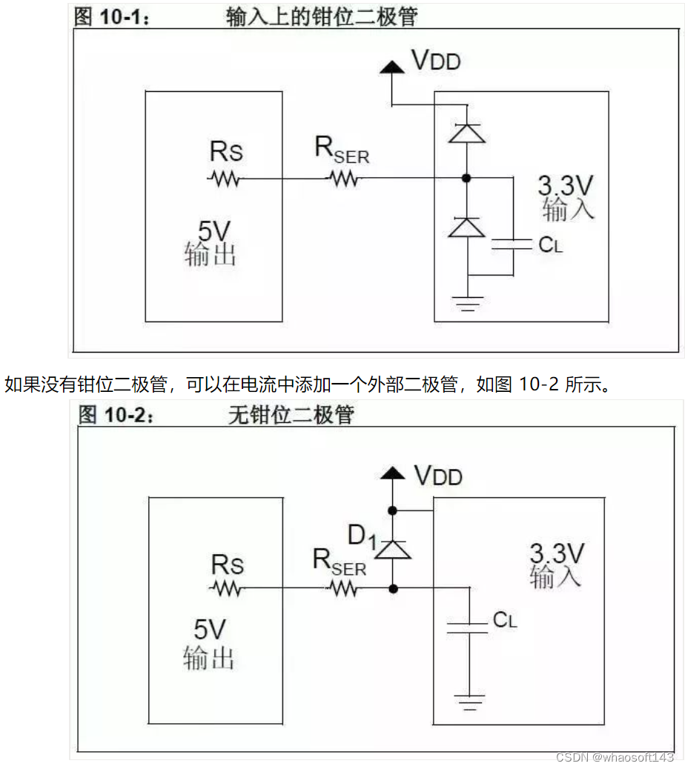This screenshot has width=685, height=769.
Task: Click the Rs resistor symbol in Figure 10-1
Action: point(224,179)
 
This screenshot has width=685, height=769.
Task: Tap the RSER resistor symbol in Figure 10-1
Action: point(343,179)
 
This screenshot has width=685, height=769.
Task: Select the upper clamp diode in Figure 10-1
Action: point(467,133)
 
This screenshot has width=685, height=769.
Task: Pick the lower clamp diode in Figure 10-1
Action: point(467,227)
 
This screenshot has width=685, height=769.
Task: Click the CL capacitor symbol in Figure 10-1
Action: point(513,244)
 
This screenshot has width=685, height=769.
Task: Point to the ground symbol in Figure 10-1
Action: point(467,303)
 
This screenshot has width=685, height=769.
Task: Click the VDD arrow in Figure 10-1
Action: point(391,67)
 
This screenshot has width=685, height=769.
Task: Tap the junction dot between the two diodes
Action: point(467,178)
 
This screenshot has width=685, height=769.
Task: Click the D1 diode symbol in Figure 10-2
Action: point(392,549)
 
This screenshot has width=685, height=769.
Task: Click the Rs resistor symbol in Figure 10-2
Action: point(225,589)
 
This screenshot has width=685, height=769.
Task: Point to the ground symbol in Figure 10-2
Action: point(468,701)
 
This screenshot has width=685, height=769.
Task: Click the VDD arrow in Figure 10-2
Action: point(392,473)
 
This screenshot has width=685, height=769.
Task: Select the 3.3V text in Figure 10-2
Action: point(557,553)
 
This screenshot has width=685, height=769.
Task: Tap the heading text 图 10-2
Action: point(116,416)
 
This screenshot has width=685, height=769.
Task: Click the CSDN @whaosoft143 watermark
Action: point(615,757)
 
